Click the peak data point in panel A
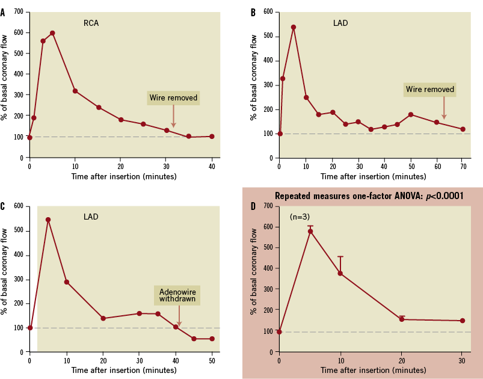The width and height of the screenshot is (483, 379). pyautogui.click(x=52, y=33)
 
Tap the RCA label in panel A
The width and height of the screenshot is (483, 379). pyautogui.click(x=91, y=24)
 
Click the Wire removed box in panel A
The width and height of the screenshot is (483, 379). pyautogui.click(x=173, y=97)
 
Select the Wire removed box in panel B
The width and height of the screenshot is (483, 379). pyautogui.click(x=429, y=90)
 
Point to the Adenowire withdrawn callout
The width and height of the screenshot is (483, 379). pyautogui.click(x=177, y=295)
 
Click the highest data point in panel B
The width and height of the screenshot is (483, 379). pyautogui.click(x=294, y=27)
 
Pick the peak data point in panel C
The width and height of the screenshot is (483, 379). pyautogui.click(x=48, y=220)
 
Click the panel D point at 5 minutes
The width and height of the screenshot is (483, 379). pyautogui.click(x=310, y=231)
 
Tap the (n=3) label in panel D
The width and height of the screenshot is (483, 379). pyautogui.click(x=301, y=216)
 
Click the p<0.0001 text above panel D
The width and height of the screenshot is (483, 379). pyautogui.click(x=444, y=196)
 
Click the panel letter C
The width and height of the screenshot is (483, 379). pyautogui.click(x=3, y=206)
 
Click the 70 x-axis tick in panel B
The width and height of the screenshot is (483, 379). pyautogui.click(x=463, y=166)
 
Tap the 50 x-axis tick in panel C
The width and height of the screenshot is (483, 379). pyautogui.click(x=212, y=360)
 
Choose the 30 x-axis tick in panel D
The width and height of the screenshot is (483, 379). pyautogui.click(x=463, y=360)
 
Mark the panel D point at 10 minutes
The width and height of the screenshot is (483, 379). pyautogui.click(x=340, y=273)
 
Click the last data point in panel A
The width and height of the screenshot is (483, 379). pyautogui.click(x=212, y=136)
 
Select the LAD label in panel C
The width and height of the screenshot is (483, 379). pyautogui.click(x=91, y=217)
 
